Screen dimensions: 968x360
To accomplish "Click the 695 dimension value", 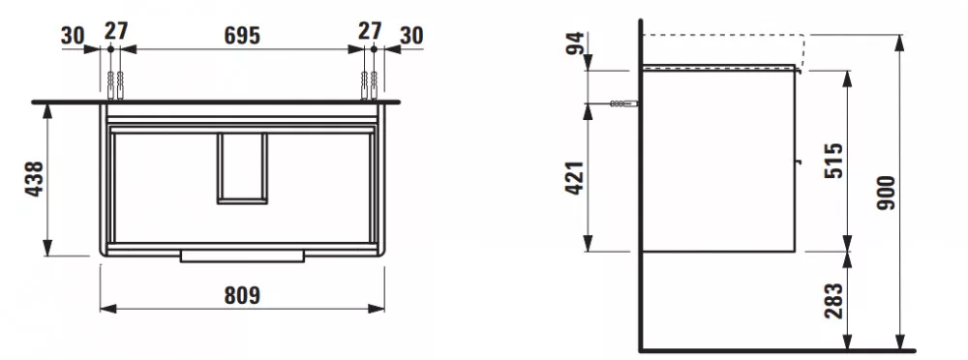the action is click(241, 35).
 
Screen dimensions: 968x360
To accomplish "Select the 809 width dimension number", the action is click(242, 296).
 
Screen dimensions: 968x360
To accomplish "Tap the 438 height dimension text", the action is click(35, 178).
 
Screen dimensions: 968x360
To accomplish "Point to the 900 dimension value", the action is click(886, 193).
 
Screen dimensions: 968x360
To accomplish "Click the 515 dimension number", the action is click(833, 161).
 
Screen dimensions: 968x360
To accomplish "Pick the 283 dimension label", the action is click(833, 301).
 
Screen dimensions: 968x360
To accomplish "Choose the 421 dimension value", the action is click(575, 178).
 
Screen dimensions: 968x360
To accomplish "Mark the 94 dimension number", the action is click(575, 44).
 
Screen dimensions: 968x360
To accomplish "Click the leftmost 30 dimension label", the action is click(73, 36).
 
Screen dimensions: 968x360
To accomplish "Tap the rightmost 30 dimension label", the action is click(411, 36).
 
